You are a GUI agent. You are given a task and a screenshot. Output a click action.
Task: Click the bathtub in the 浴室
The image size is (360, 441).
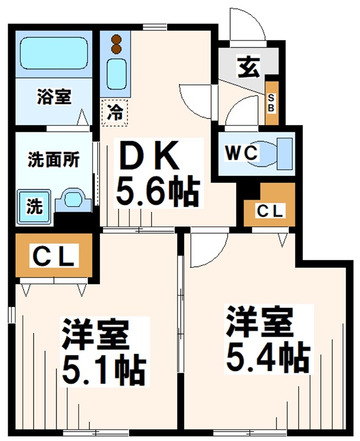coord(53,53)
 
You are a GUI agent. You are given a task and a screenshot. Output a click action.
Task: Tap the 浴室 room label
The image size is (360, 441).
coord(54,96)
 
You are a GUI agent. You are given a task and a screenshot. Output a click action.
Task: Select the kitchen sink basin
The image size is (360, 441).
coord(116,74)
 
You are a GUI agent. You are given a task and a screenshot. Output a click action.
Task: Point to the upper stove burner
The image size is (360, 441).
coord(116,39)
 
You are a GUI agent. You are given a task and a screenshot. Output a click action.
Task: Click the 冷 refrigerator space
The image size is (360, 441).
coord(115,112)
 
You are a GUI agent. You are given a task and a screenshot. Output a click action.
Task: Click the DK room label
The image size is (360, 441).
coord(149,155)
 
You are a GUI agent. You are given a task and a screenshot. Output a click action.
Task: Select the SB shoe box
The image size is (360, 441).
coord(272,103)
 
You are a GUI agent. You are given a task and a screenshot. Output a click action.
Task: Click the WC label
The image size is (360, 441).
coord(241,153)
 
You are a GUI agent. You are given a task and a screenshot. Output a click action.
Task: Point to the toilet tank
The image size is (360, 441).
coord(284,154)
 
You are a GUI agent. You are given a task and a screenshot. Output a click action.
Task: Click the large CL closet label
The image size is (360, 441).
coord(54,255)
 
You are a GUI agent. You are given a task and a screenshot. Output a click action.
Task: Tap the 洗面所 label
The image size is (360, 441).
coord(53,160)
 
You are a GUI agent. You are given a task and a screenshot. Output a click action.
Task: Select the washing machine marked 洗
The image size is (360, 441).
coord(34,207)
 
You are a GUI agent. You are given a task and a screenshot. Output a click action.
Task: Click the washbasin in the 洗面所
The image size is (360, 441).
coord(73,200)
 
